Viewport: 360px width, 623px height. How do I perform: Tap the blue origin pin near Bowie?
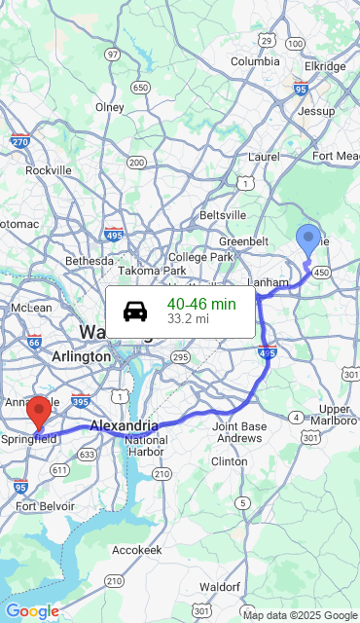308,240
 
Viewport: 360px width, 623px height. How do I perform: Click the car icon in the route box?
135,311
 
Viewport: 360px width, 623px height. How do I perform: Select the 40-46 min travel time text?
201,304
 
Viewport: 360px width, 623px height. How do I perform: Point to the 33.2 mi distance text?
188,318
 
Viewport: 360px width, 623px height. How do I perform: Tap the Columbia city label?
255,61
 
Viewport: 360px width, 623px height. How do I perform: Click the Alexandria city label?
124,425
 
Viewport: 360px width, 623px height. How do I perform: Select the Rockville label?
49,169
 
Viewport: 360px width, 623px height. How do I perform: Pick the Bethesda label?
90,261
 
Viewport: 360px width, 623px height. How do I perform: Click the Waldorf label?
219,587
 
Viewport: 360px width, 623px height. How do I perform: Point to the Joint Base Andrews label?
239,432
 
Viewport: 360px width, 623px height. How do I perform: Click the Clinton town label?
230,460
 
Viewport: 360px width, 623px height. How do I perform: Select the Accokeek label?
135,549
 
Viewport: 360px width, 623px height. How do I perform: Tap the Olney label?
110,107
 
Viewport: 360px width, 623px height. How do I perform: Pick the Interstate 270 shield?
18,141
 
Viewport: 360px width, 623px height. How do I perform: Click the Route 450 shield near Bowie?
321,272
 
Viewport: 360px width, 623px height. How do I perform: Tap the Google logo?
32,611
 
